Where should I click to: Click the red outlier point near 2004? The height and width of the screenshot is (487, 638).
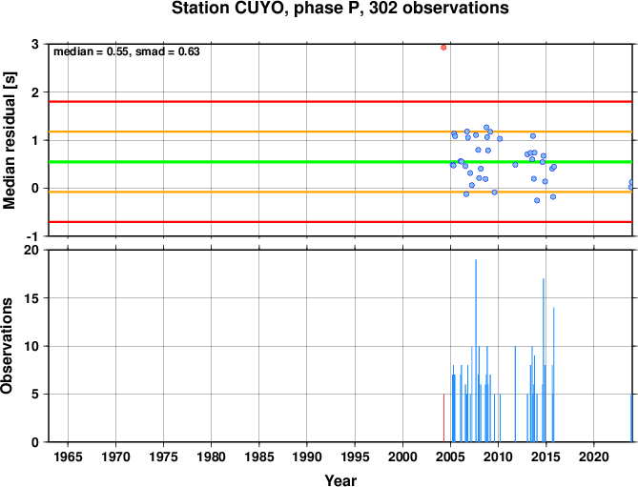pos(443,48)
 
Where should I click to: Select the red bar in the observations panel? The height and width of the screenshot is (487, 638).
pos(443,417)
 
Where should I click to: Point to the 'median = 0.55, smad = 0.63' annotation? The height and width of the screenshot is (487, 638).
pos(127,51)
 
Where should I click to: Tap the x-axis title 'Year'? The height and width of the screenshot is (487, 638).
pos(340,480)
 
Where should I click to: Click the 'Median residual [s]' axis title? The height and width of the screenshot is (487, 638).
pos(9,140)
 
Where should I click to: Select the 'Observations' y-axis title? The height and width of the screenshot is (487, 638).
pos(7,346)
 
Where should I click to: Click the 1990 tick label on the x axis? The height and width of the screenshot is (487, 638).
pos(307,457)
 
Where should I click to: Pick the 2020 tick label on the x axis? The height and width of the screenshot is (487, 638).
pos(593,457)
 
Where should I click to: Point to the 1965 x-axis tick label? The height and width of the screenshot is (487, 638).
pos(68,457)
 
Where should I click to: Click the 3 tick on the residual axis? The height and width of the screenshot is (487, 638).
pos(34,44)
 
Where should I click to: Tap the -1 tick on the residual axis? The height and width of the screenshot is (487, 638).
pos(32,236)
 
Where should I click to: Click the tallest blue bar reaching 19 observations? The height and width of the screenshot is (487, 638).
pos(476,351)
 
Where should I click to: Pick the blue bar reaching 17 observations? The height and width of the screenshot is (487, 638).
pos(544,360)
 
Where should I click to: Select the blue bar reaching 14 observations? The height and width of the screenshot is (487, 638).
pos(553,375)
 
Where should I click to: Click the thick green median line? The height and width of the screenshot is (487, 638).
pos(340,162)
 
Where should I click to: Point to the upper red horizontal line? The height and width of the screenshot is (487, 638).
pos(340,102)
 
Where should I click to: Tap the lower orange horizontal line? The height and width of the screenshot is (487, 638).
pos(340,192)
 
